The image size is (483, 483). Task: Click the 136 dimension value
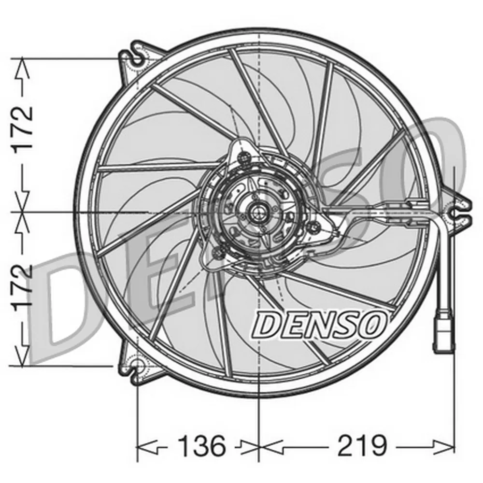tap(202, 446)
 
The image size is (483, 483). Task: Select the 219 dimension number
tap(362, 446)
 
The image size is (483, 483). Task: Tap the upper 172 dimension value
tap(23, 128)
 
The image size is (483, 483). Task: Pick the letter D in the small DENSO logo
tap(267, 324)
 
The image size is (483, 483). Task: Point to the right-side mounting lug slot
tap(455, 211)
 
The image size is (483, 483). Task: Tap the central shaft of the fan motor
tap(258, 211)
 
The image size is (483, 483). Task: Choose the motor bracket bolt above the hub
tap(244, 156)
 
